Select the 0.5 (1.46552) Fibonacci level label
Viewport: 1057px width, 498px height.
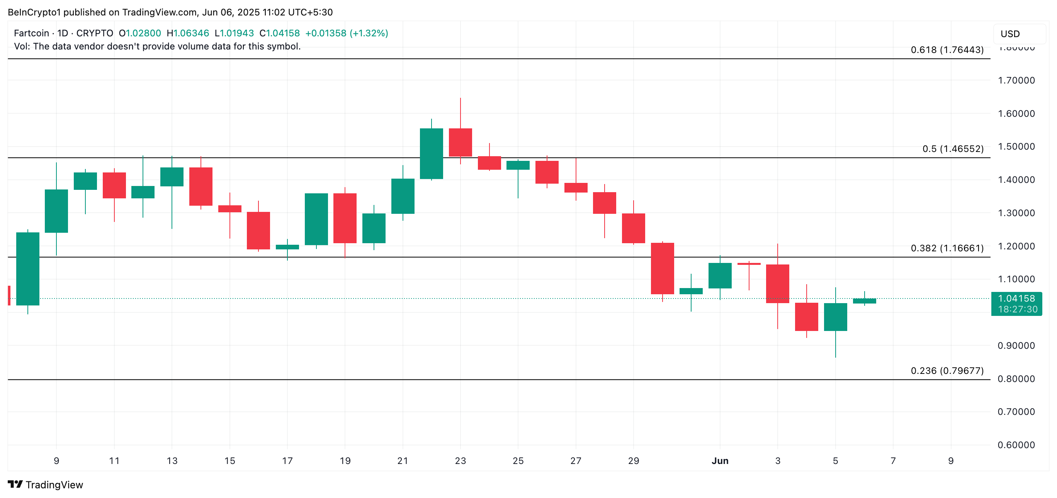click(x=952, y=148)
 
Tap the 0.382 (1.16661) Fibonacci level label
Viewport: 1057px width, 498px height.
click(x=947, y=248)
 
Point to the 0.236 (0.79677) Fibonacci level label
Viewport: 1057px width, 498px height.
click(x=947, y=371)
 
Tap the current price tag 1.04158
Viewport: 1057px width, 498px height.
click(x=1016, y=298)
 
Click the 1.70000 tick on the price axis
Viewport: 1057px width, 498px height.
click(x=1016, y=80)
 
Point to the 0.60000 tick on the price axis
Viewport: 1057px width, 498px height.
click(x=1016, y=445)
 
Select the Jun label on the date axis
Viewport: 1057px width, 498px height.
click(x=720, y=460)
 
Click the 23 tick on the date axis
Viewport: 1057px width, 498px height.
click(x=461, y=460)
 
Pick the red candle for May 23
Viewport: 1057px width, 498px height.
click(x=461, y=142)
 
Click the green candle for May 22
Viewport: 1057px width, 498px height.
click(x=431, y=153)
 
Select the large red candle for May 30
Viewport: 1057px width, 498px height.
click(x=662, y=268)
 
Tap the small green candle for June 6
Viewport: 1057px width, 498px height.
click(x=864, y=301)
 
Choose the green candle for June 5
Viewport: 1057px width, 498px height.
click(x=835, y=317)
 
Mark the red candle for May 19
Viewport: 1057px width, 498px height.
click(x=345, y=218)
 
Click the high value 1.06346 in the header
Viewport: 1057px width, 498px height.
click(x=191, y=33)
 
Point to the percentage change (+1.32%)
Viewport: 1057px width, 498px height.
click(x=369, y=33)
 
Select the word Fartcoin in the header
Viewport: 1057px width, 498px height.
click(x=31, y=33)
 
